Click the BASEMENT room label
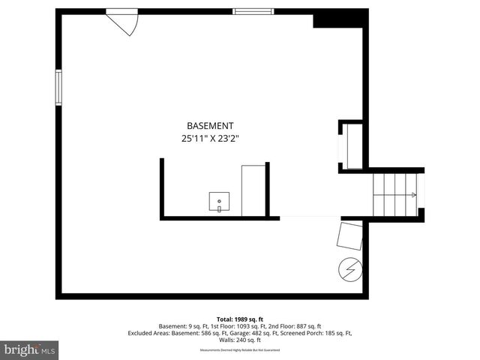pos(210,126)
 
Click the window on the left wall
pos(58,88)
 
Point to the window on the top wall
pos(253,11)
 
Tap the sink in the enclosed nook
pos(219,201)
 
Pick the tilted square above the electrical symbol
pos(350,235)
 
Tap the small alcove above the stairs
pos(352,145)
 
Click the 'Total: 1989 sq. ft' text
pos(239,319)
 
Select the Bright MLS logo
pos(30,349)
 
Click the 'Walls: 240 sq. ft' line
pos(239,339)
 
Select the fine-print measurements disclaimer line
pos(239,350)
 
